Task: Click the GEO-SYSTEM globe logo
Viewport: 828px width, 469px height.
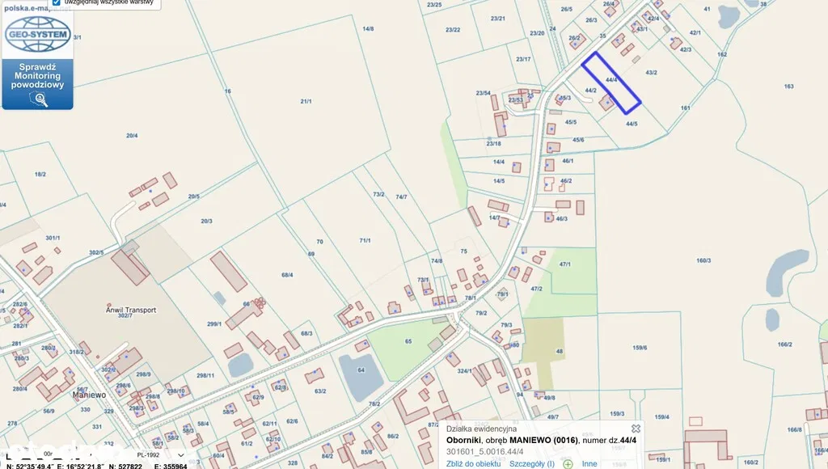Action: (x=37, y=35)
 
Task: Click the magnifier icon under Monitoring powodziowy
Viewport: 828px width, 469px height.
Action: (x=37, y=99)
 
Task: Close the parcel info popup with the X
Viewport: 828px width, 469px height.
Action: (x=636, y=429)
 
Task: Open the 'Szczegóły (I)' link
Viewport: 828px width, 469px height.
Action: (x=531, y=463)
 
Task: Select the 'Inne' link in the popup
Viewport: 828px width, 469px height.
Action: (x=589, y=463)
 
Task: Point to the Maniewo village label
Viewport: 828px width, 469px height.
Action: (x=91, y=395)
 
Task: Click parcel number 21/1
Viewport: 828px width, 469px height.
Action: (x=306, y=101)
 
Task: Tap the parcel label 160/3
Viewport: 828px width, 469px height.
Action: (x=703, y=260)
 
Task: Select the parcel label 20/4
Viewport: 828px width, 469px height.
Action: (x=132, y=136)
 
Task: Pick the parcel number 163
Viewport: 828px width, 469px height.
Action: (x=788, y=87)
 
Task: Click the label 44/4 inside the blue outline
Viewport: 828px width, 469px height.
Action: (x=611, y=80)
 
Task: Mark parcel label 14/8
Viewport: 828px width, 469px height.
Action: (x=368, y=29)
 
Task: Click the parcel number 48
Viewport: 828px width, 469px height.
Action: (x=559, y=351)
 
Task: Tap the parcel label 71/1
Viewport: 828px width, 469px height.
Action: (x=365, y=240)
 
